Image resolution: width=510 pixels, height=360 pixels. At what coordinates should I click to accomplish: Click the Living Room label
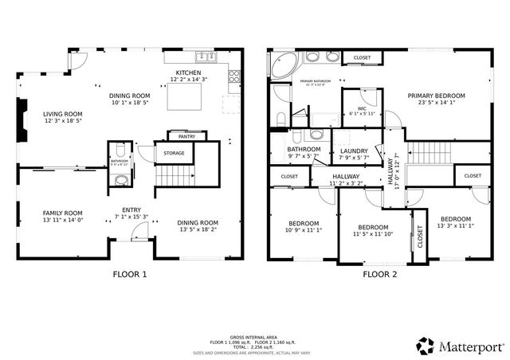(63, 114)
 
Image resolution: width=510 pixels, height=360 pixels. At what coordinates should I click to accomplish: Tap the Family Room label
(62, 213)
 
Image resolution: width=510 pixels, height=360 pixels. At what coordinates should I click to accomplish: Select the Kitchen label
(188, 72)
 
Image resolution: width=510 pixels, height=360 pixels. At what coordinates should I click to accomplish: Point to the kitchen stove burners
(234, 77)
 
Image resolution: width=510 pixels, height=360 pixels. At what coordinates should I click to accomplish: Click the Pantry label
(186, 137)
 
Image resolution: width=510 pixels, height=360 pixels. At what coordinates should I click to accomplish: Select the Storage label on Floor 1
(174, 152)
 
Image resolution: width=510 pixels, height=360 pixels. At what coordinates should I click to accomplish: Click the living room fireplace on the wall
(22, 121)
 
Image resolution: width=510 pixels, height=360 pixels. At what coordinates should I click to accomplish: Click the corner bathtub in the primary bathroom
(281, 66)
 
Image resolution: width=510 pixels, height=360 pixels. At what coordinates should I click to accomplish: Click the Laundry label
(354, 151)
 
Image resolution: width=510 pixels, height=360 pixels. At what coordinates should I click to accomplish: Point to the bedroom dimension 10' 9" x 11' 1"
(304, 230)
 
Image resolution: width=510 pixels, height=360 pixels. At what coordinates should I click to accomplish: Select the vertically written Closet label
(420, 238)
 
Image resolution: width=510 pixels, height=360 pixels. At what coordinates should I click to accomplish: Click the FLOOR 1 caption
(128, 275)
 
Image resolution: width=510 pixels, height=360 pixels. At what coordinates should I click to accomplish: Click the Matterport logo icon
(425, 346)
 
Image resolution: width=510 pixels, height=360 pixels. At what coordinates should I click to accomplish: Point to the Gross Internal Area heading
(253, 337)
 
